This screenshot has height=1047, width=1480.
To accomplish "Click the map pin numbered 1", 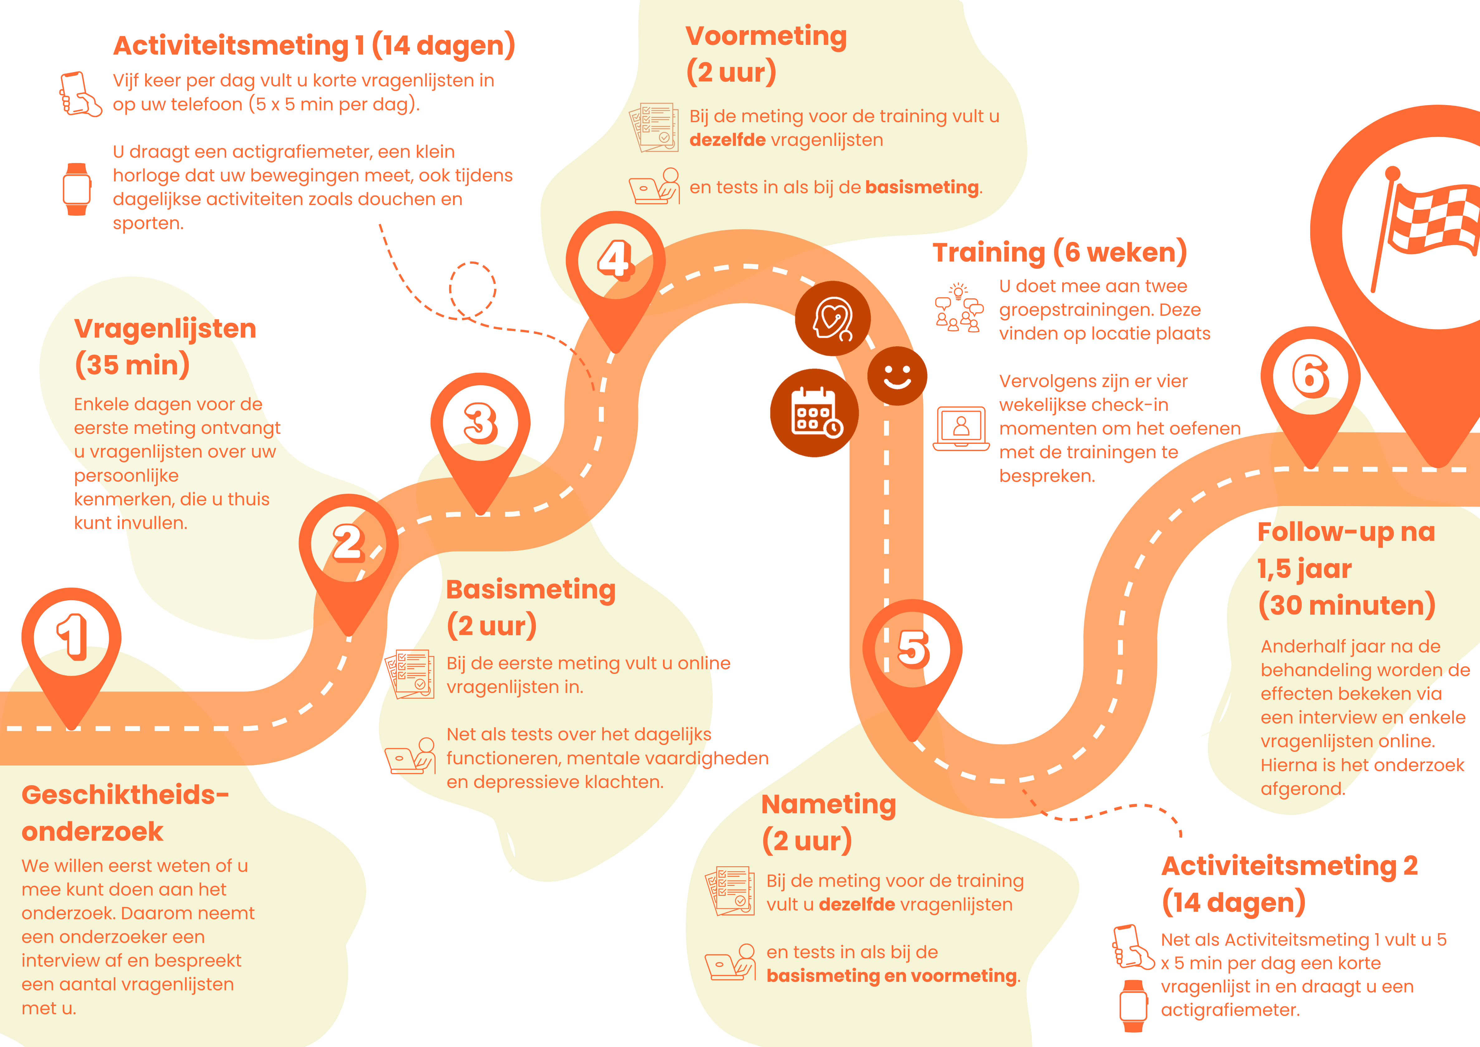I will [72, 638].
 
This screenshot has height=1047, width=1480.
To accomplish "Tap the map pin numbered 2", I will [348, 545].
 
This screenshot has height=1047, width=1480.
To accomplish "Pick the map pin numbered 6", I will [1311, 377].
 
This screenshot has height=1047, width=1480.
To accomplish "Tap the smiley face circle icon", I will [897, 376].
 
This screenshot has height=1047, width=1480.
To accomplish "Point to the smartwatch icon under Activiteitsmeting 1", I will [77, 189].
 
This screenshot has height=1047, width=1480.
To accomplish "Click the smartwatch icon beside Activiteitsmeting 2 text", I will [1133, 1006].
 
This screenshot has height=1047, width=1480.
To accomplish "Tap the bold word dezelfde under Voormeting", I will [727, 140].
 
